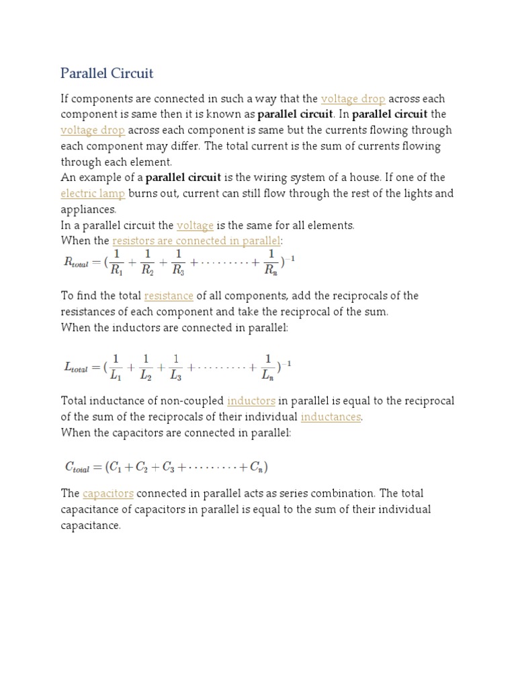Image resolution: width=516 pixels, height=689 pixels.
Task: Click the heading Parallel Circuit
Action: pyautogui.click(x=107, y=73)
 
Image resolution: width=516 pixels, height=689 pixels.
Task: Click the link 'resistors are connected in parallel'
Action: pyautogui.click(x=196, y=241)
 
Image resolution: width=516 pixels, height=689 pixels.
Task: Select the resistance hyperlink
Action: pyautogui.click(x=169, y=296)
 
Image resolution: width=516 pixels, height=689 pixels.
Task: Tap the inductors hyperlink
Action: pyautogui.click(x=251, y=401)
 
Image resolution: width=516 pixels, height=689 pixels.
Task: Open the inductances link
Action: pyautogui.click(x=331, y=417)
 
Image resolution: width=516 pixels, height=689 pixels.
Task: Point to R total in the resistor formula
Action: pyautogui.click(x=79, y=263)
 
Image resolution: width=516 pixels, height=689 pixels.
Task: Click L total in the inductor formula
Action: pyautogui.click(x=77, y=367)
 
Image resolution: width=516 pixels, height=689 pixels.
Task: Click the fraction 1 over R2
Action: pyautogui.click(x=148, y=262)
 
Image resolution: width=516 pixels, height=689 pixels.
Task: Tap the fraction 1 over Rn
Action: pyautogui.click(x=270, y=262)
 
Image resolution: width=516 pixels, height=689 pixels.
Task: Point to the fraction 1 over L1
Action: pyautogui.click(x=116, y=367)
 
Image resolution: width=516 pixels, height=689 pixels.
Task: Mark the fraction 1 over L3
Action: pyautogui.click(x=176, y=367)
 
